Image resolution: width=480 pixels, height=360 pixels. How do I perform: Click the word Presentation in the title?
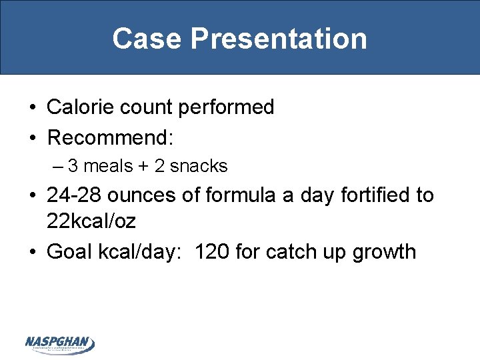coord(279,39)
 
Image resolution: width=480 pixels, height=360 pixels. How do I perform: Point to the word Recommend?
coord(111,138)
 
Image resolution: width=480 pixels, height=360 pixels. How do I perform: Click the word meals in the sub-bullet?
coord(109,166)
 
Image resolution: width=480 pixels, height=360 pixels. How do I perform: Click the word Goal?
coord(69,252)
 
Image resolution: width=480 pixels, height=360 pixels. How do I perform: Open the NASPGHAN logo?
coord(60,344)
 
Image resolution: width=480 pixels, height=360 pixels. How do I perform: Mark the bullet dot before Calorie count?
coord(33,108)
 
